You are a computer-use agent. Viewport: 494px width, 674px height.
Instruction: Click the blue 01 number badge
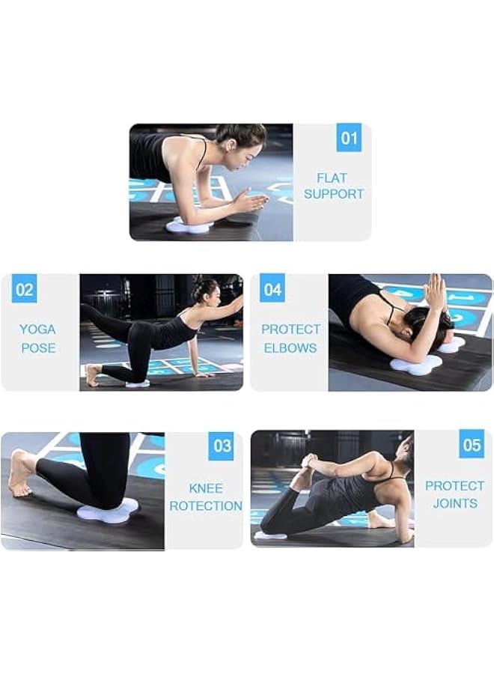[349, 139]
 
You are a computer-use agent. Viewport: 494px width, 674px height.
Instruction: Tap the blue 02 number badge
[25, 290]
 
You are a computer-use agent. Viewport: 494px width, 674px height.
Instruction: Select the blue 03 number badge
[222, 446]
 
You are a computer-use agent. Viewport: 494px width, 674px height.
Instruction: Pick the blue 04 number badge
[272, 289]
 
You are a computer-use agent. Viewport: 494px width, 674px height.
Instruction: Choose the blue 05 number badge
[472, 446]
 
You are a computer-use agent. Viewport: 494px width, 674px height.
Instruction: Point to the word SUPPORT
[333, 194]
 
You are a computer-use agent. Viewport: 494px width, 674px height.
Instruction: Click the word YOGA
[37, 330]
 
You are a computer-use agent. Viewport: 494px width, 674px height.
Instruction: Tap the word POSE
[37, 348]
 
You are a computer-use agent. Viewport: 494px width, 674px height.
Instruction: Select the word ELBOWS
[290, 348]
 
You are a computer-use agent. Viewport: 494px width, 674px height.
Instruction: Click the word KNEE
[205, 488]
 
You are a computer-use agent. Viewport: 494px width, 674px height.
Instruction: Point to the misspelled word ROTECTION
[205, 506]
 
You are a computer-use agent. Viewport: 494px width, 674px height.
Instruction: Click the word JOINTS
[454, 503]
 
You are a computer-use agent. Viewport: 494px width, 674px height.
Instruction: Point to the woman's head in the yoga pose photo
[204, 291]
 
